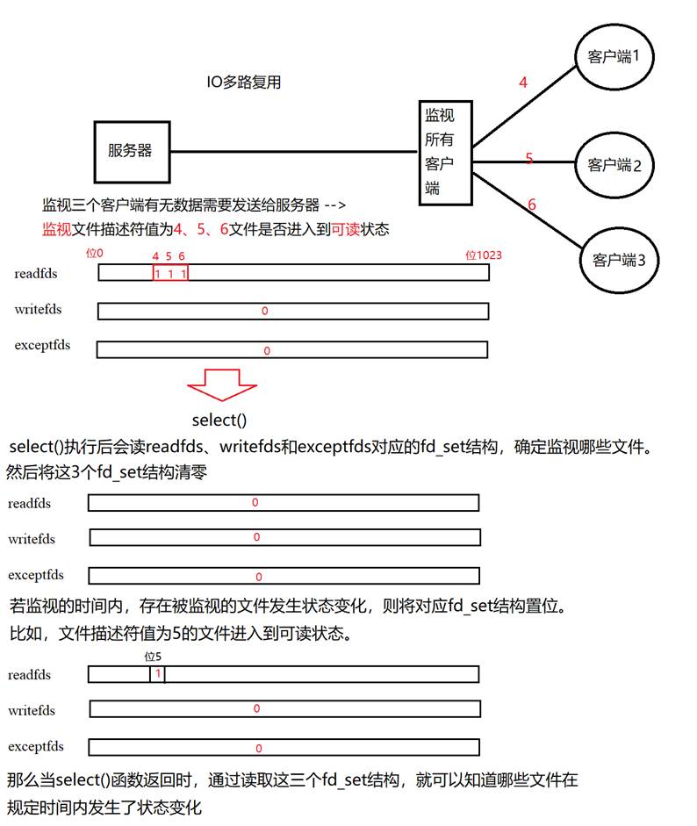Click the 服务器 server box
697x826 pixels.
[x=130, y=151]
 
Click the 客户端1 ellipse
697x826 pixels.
[x=614, y=58]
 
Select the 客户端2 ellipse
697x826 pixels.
[x=614, y=164]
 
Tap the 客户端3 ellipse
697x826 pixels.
[x=619, y=260]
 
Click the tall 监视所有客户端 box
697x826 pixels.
[x=439, y=152]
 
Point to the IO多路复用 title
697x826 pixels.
[x=243, y=83]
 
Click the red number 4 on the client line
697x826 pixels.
[x=523, y=83]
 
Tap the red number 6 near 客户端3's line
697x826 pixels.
[x=531, y=205]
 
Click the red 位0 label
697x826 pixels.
[x=94, y=254]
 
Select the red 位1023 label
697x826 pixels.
[x=484, y=255]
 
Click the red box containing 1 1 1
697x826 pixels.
[x=169, y=273]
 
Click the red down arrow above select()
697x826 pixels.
[x=221, y=384]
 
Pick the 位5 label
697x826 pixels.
[x=153, y=657]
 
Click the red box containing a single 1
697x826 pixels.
[x=157, y=674]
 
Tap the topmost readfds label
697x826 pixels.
[x=36, y=274]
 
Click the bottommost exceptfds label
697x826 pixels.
[x=36, y=747]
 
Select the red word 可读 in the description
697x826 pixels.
[x=345, y=229]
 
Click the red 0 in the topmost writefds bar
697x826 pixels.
[x=265, y=312]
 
